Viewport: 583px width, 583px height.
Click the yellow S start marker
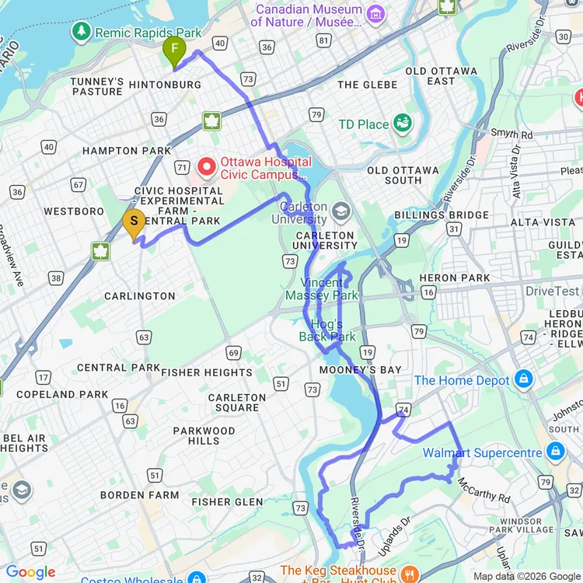(x=134, y=223)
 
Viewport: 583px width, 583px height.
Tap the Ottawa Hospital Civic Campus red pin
(x=208, y=166)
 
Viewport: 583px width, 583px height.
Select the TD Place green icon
(x=402, y=123)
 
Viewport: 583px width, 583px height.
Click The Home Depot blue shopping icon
(x=524, y=380)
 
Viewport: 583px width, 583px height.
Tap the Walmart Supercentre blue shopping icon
(x=554, y=452)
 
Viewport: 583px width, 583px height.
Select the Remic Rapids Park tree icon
(x=81, y=32)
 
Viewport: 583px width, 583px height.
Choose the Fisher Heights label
(x=207, y=372)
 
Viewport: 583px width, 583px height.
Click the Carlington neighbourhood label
(x=140, y=296)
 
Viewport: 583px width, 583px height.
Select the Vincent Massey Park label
(x=322, y=289)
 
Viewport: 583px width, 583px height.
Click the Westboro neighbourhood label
(x=74, y=211)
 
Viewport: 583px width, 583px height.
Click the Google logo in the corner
(x=31, y=573)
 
